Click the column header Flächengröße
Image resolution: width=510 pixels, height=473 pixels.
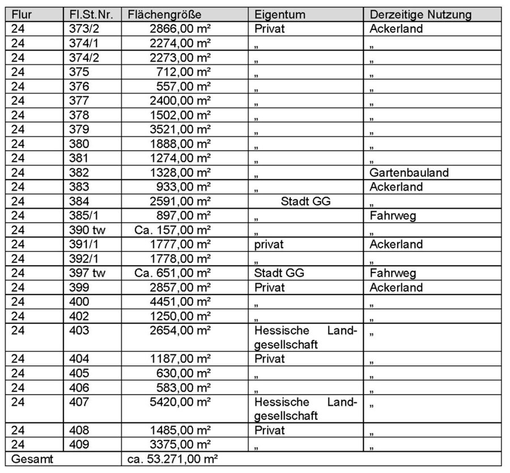click(x=164, y=14)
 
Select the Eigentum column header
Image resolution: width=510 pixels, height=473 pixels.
click(x=280, y=14)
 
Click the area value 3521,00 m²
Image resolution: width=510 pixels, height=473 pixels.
click(x=178, y=130)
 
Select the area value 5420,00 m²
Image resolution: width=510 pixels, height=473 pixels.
click(x=178, y=402)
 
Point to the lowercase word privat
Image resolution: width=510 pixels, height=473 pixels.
click(x=269, y=244)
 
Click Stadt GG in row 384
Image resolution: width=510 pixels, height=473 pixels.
click(x=305, y=201)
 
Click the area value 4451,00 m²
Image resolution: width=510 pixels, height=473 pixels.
click(x=178, y=301)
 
